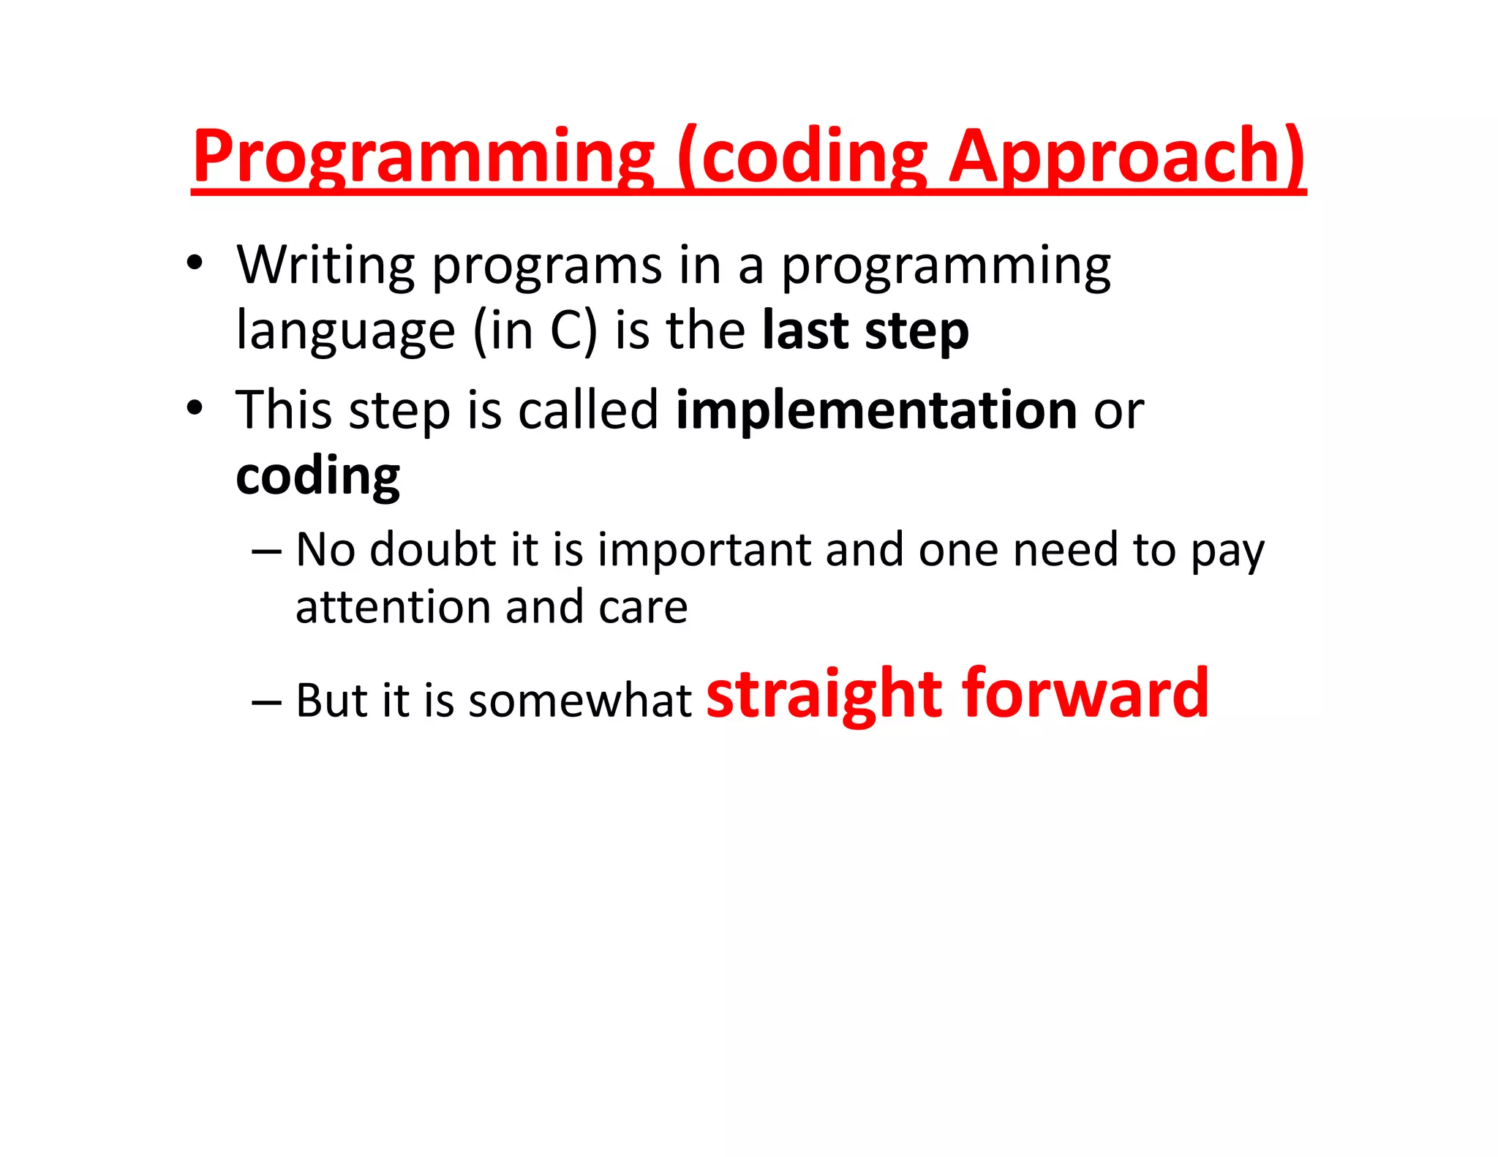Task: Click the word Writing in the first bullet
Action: tap(325, 265)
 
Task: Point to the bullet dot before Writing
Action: tap(194, 263)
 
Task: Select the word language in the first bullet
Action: tap(345, 331)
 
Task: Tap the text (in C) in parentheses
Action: tap(535, 331)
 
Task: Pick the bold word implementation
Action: tap(876, 410)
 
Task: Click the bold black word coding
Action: tap(317, 476)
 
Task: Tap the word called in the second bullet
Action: tap(588, 410)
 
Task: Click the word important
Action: tap(704, 550)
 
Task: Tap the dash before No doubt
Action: tap(266, 551)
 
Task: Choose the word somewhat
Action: tap(579, 701)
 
